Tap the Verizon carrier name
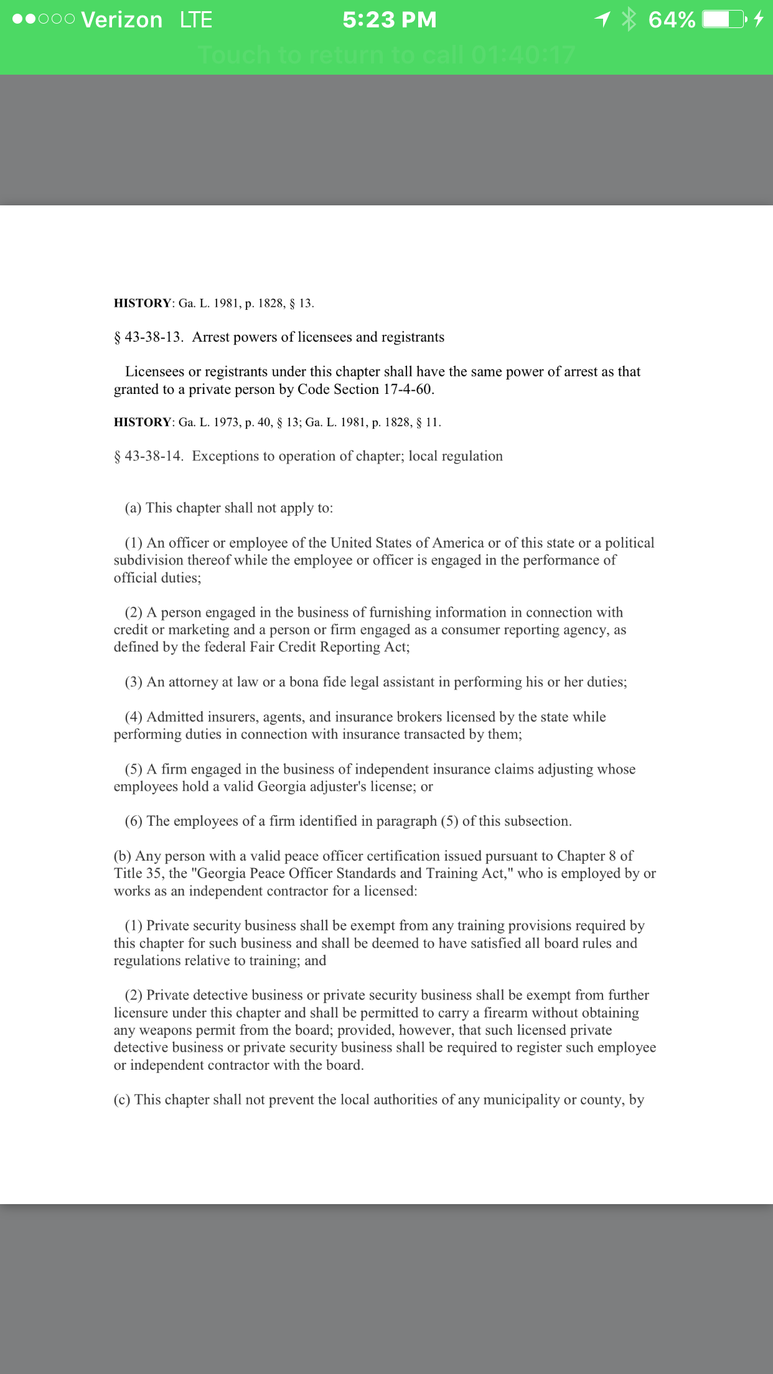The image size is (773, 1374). [x=121, y=20]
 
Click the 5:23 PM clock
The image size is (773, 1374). [x=390, y=20]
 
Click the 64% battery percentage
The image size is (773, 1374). [x=672, y=20]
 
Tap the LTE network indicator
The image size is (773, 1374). [x=196, y=20]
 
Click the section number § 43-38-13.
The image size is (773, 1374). [x=149, y=337]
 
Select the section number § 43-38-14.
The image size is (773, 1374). [x=149, y=456]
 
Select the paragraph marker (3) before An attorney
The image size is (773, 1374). [x=134, y=682]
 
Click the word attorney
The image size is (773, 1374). [x=193, y=682]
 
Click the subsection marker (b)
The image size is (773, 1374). [x=123, y=856]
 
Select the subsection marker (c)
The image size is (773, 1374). [x=122, y=1100]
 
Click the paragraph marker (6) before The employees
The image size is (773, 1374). [x=134, y=821]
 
